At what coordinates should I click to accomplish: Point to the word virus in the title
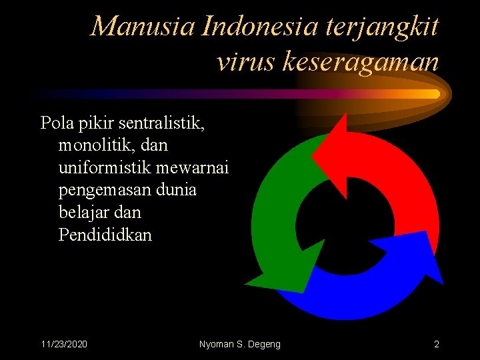[x=245, y=61]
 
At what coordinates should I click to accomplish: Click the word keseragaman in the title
[x=361, y=61]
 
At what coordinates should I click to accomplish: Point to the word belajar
[x=84, y=213]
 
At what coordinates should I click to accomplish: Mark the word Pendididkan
[x=105, y=235]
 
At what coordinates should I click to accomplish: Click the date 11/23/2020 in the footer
[x=65, y=344]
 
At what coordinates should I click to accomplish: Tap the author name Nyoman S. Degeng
[x=240, y=344]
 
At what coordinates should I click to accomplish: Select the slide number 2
[x=436, y=344]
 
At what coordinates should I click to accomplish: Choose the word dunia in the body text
[x=177, y=190]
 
